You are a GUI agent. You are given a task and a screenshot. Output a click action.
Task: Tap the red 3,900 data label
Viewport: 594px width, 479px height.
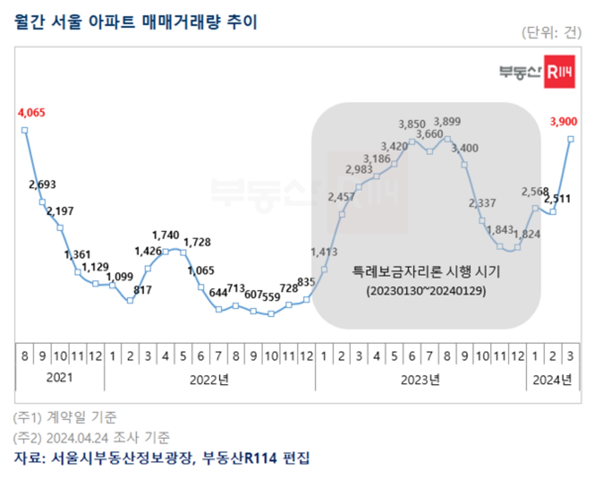[x=563, y=121]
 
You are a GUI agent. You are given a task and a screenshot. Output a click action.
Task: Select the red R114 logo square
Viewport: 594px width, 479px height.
[x=559, y=73]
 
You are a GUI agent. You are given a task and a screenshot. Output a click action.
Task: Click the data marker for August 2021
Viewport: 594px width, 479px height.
[x=24, y=130]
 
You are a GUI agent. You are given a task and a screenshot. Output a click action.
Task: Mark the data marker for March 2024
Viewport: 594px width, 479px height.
[x=571, y=139]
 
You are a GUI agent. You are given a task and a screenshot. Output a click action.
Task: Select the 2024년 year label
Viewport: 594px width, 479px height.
[x=552, y=380]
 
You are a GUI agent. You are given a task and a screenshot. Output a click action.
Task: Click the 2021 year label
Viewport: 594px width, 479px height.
[x=59, y=378]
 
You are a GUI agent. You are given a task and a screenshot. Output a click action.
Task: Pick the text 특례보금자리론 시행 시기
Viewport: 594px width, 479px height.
[x=426, y=272]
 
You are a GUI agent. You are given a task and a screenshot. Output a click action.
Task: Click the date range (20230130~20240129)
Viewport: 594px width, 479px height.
[x=426, y=291]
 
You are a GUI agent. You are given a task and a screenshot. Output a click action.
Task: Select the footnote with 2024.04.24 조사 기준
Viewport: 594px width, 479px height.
[x=92, y=437]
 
